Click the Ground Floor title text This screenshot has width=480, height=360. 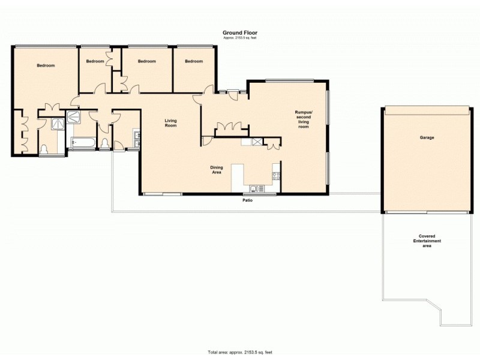240,33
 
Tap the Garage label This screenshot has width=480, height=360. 427,137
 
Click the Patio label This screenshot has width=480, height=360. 247,200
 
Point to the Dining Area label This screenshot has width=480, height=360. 217,170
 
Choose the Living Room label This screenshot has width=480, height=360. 170,123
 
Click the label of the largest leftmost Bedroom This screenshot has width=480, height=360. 46,65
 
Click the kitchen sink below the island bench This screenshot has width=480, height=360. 254,188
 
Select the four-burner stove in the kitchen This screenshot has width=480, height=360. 277,176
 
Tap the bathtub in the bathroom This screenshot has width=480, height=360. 80,142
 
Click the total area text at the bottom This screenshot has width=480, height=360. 240,352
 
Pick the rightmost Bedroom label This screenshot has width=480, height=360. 194,61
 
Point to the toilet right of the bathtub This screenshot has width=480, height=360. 105,143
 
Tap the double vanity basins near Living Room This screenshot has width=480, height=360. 137,139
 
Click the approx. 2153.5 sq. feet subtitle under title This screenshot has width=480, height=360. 240,38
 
